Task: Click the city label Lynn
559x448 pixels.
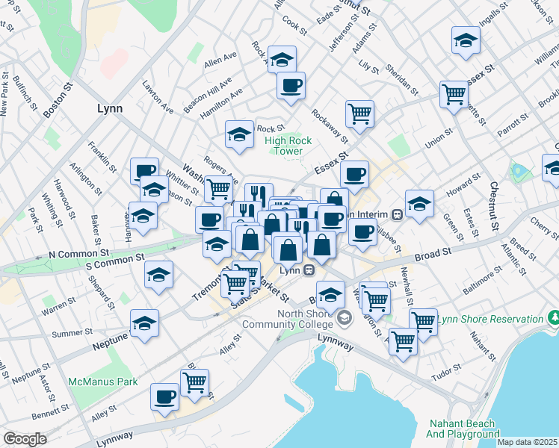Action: [109, 108]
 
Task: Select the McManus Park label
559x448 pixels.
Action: [103, 382]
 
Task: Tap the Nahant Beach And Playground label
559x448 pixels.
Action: [463, 428]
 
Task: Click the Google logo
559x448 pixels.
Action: [25, 439]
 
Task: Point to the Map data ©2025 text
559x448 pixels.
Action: [527, 442]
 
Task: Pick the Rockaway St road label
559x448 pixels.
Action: [330, 125]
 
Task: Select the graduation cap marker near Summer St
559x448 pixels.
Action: [144, 323]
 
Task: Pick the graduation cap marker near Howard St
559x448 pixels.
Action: [419, 202]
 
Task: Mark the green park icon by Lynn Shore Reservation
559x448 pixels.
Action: [554, 319]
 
